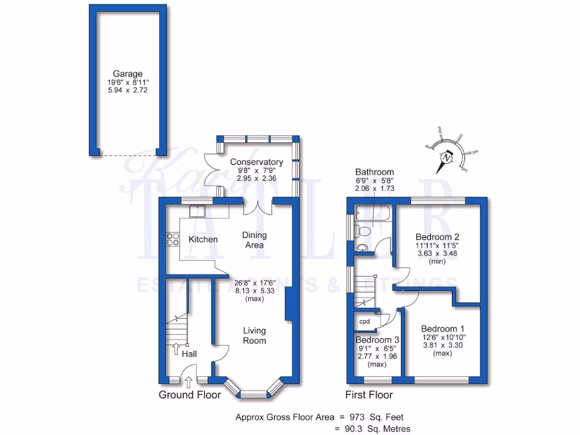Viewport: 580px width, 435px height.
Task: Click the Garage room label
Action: [x=127, y=74]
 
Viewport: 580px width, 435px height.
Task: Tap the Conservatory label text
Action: [x=256, y=162]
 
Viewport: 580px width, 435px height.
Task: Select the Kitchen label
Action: [x=203, y=240]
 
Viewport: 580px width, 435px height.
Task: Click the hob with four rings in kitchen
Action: [x=171, y=240]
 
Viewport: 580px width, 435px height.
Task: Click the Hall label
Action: [x=189, y=353]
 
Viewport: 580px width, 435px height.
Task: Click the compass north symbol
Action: [x=447, y=157]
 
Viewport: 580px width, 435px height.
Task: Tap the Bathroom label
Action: [x=374, y=172]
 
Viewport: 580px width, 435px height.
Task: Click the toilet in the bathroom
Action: [x=362, y=231]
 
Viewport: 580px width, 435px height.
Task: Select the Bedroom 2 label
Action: [x=437, y=237]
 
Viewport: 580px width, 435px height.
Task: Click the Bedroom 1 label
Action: [x=442, y=329]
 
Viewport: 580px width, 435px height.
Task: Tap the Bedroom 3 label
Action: [x=377, y=340]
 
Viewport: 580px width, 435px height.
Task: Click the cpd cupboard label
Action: [x=365, y=321]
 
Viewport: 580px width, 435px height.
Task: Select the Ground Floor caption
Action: [x=189, y=395]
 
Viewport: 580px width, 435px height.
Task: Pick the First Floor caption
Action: [x=369, y=395]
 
